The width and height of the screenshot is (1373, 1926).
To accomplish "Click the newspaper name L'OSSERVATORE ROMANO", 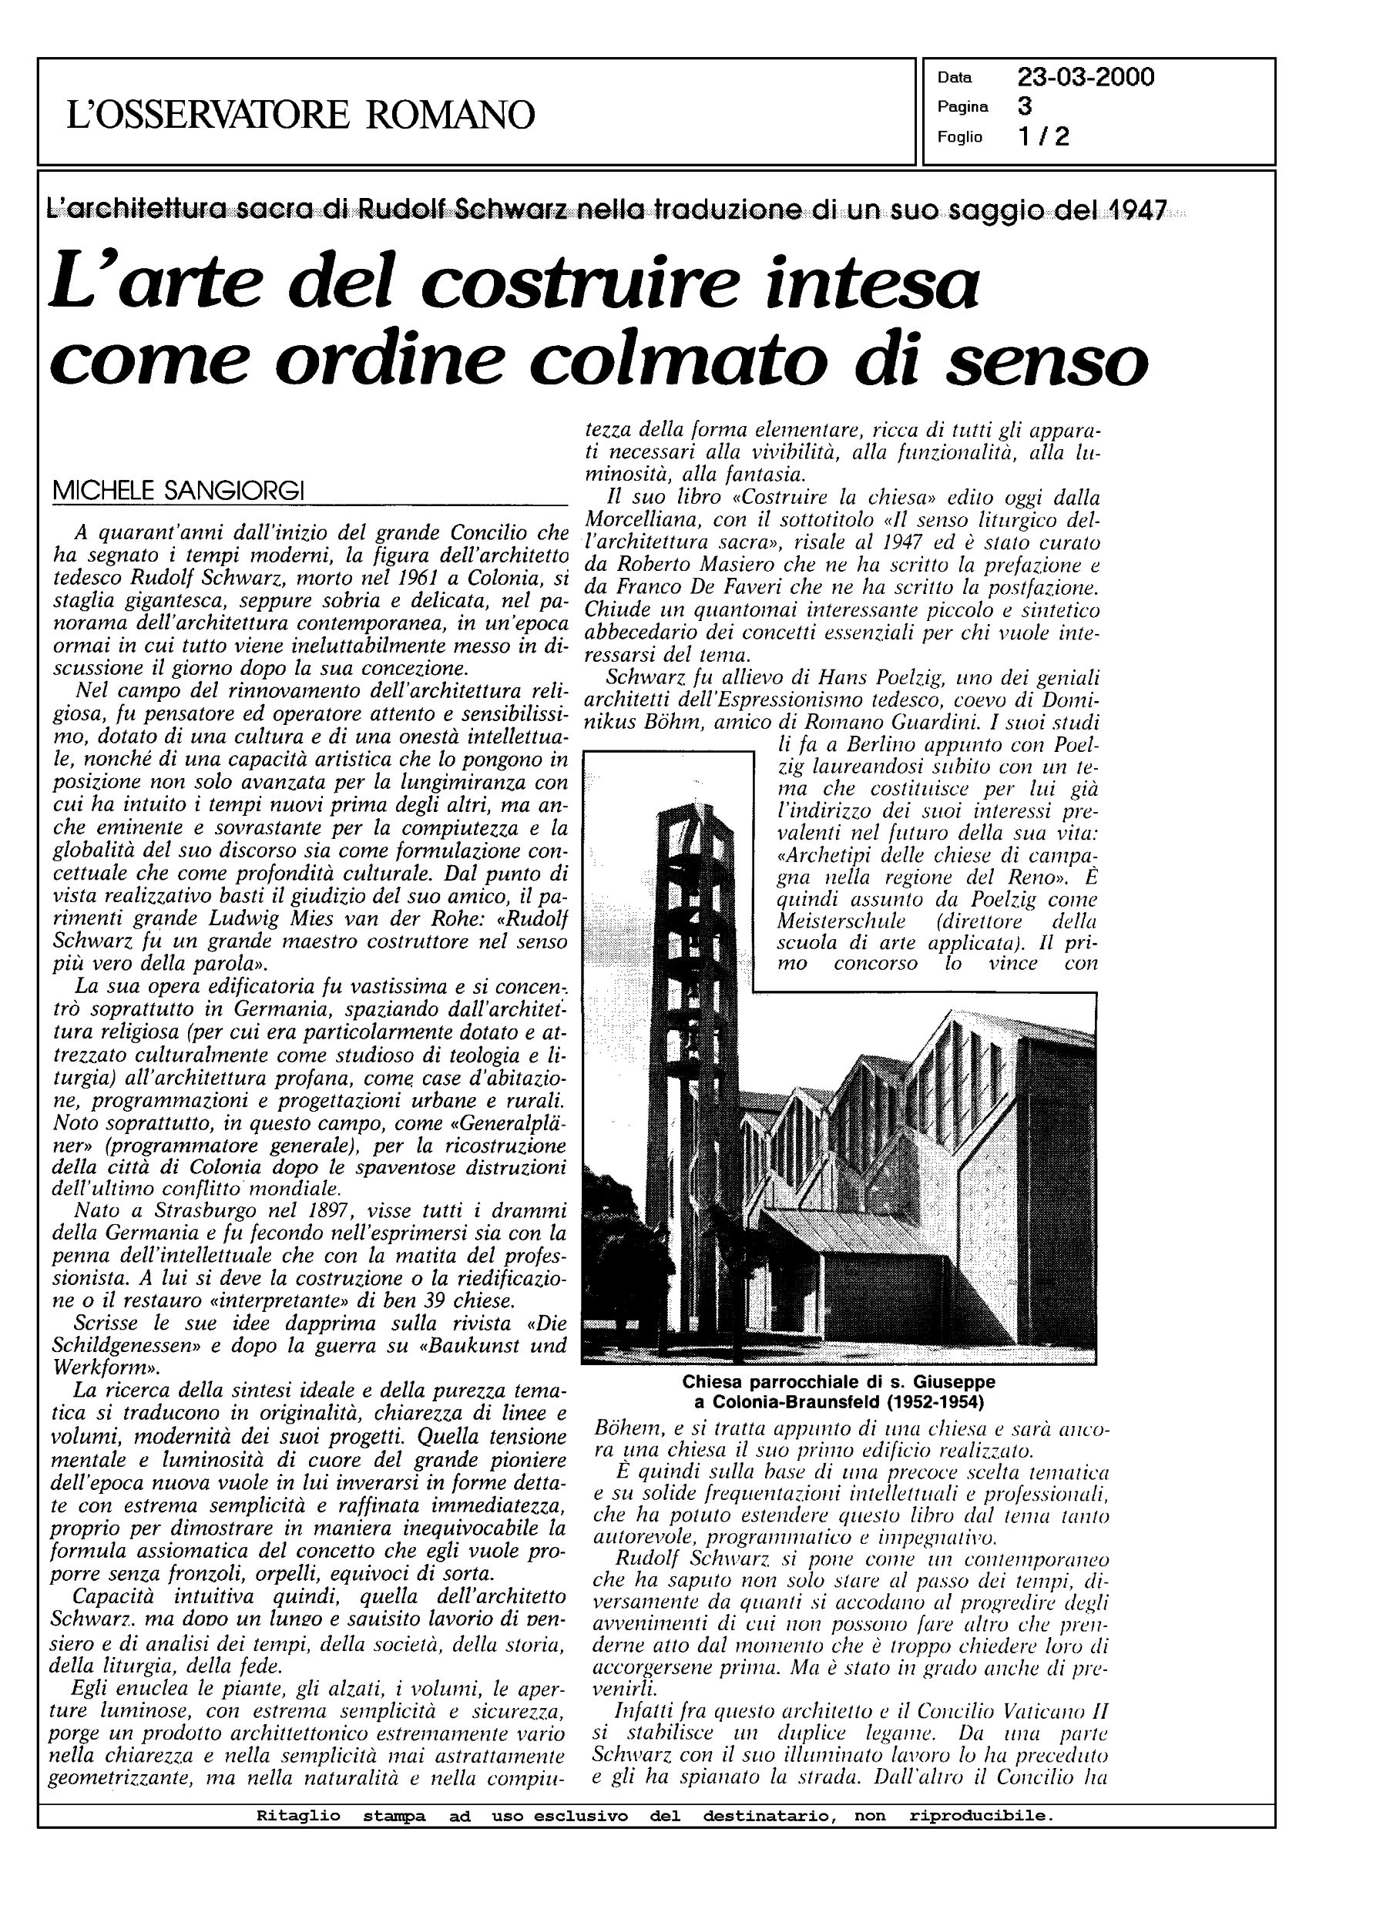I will pos(300,114).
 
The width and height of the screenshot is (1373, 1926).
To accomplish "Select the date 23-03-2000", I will pos(1086,78).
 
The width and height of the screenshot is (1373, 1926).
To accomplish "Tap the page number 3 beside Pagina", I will pos(1024,106).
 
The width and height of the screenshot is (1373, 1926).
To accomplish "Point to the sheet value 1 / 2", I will pos(1044,136).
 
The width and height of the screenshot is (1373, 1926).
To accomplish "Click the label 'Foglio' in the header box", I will pos(958,137).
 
